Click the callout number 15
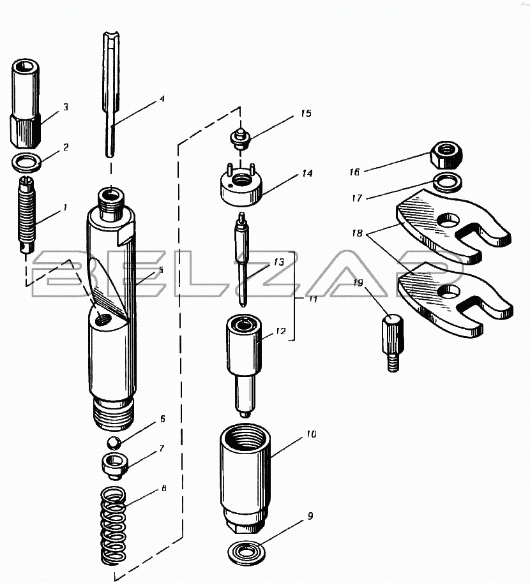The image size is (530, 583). (306, 114)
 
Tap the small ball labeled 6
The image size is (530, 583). (114, 443)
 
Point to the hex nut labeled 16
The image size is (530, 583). (446, 155)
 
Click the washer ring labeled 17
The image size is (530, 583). (448, 182)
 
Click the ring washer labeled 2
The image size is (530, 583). (27, 163)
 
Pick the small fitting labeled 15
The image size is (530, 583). (241, 138)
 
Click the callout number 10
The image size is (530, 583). (311, 434)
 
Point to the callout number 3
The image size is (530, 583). (66, 107)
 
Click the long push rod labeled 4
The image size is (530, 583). (111, 94)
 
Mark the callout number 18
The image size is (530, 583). (358, 233)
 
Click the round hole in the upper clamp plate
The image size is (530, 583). (448, 221)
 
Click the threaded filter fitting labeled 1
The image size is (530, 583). (26, 215)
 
